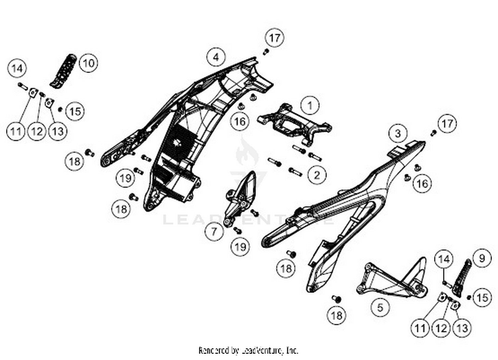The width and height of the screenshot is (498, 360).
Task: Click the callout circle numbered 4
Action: tap(216, 57)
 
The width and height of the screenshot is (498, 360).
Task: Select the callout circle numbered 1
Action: tap(310, 106)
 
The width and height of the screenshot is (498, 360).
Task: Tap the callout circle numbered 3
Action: tap(398, 134)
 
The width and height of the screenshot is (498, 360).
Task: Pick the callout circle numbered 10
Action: tap(88, 63)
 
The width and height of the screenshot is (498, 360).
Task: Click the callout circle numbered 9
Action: tap(482, 258)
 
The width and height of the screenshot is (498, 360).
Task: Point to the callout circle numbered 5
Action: tap(380, 307)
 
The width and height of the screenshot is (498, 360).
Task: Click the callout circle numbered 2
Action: tap(317, 175)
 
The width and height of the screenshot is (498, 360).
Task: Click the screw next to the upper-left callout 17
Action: tap(266, 51)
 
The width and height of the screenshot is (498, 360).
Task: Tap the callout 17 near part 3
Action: tap(447, 124)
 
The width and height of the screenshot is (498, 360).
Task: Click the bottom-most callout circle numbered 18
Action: tap(336, 315)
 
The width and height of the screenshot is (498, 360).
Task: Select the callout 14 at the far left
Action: tap(17, 68)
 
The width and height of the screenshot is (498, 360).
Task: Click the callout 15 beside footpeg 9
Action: tap(482, 297)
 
